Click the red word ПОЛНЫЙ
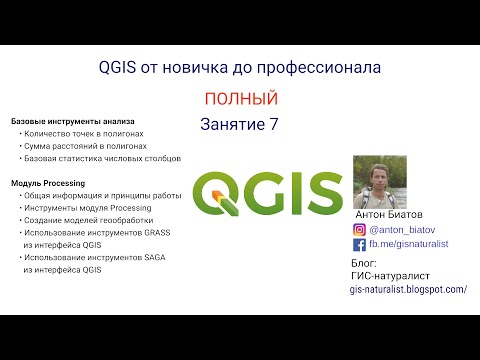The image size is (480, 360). click(x=240, y=98)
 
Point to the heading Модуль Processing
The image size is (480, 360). click(x=48, y=184)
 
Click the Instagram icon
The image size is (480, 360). click(x=359, y=228)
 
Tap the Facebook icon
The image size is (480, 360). click(x=359, y=244)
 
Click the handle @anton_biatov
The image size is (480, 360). click(x=402, y=228)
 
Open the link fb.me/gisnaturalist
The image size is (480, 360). click(x=411, y=244)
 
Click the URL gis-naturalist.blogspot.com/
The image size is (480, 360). click(x=408, y=289)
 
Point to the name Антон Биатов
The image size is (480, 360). click(x=389, y=213)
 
